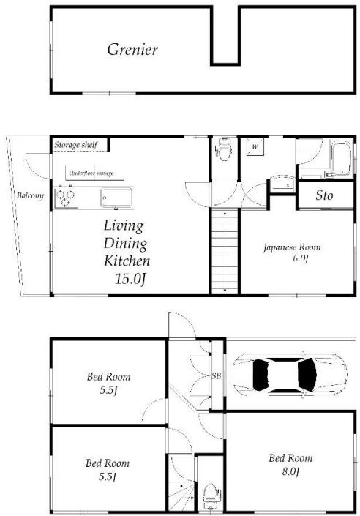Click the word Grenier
[132, 49]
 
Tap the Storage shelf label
[75, 145]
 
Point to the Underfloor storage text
[91, 173]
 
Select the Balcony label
[30, 195]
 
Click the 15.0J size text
[130, 279]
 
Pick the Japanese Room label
[292, 247]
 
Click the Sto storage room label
[324, 195]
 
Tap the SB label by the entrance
[216, 375]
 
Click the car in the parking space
[290, 375]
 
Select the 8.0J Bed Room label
[290, 464]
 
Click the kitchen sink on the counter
[116, 198]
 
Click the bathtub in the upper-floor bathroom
[341, 158]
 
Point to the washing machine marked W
[255, 147]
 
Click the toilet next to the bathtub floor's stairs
[224, 150]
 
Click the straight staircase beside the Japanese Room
[225, 252]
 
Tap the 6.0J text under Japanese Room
[301, 258]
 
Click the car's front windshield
[308, 375]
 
